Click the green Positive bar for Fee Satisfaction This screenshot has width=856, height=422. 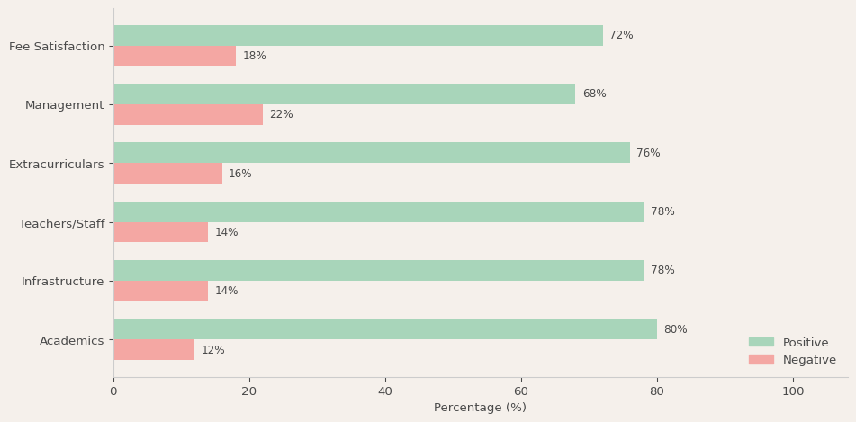coord(358,36)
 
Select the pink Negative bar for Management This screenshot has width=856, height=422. coord(188,115)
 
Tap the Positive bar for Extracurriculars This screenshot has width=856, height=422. coord(372,153)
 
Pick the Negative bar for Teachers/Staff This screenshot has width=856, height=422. coord(161,232)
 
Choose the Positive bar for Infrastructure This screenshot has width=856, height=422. coord(378,271)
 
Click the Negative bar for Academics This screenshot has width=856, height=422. coord(154,350)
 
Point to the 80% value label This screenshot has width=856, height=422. coord(675,330)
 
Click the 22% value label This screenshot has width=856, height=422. coord(281,115)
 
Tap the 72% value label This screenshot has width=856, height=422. coord(621,36)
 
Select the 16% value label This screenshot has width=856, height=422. coord(240,175)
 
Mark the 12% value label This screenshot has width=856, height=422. coord(213,351)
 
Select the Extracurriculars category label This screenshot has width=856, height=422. coord(57,165)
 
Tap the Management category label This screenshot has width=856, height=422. coord(65,105)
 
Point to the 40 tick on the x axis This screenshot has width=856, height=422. coord(385,391)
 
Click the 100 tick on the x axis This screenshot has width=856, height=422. coord(793,391)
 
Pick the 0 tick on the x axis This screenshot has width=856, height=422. coord(113,391)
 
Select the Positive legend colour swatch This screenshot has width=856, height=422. coord(761,343)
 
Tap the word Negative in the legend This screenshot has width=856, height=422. coord(809,360)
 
